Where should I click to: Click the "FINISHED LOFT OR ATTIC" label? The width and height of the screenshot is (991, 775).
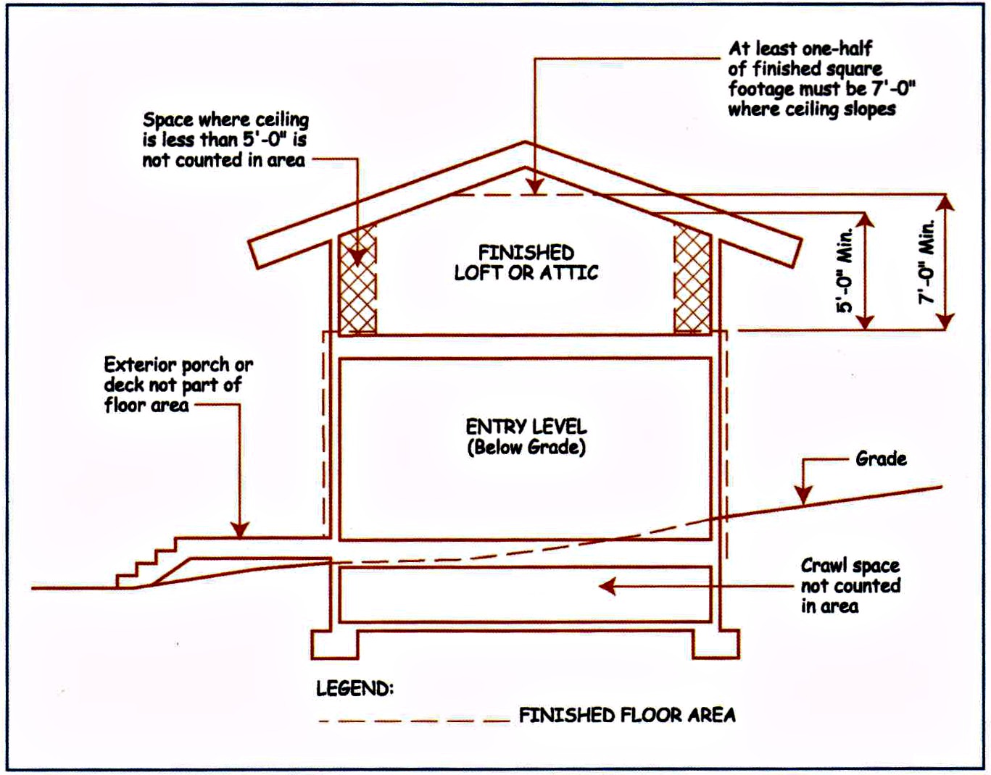coord(526,263)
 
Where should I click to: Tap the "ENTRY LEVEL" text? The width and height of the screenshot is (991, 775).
coord(526,427)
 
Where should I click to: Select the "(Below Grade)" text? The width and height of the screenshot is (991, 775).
coord(526,448)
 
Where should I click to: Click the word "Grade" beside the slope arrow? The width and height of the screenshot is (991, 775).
coord(881,458)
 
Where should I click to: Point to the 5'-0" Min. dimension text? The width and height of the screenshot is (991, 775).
coord(844,270)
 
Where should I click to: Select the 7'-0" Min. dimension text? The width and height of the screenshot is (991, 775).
coord(926,262)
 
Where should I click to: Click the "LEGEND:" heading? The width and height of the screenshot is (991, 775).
coord(354,688)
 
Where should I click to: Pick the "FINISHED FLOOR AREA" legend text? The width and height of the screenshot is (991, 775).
coord(627,716)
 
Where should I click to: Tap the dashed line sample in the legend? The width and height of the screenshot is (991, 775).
coord(414,721)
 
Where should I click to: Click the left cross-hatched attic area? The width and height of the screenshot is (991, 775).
coord(358,279)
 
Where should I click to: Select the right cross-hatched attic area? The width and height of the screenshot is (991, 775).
coord(692,279)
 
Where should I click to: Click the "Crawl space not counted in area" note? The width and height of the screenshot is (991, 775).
coord(850,586)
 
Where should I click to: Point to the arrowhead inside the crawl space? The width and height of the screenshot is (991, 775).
coord(607,587)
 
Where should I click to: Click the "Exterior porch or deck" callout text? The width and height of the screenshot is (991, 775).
coord(178,385)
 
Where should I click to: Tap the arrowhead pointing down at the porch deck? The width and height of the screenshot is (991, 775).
coord(240,530)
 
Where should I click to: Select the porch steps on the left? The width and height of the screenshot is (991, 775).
coord(146,563)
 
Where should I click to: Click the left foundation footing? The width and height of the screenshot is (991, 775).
coord(335,645)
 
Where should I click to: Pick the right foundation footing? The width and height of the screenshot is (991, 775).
coord(716,645)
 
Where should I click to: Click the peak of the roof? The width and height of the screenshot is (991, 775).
coord(524,142)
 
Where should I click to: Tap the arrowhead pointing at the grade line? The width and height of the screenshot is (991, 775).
coord(803,495)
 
